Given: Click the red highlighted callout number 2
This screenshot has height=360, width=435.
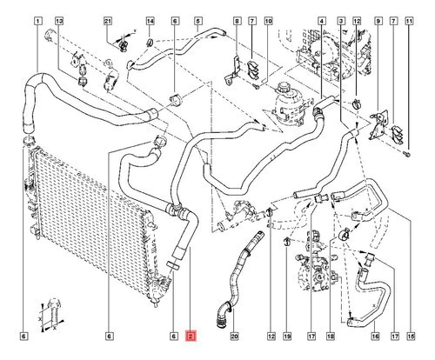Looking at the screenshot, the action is point(191,337).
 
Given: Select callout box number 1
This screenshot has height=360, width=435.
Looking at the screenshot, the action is point(38,21).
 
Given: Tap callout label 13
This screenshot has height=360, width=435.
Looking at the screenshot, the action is point(59,21).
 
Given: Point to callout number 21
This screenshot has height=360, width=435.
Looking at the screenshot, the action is point(108,21).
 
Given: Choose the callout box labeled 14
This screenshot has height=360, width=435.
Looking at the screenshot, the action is point(150,21).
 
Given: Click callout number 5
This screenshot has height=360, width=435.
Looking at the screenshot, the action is point(197,21).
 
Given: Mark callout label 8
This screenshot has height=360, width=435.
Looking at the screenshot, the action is point(237,21).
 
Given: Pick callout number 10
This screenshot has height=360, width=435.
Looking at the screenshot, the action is point(268,21).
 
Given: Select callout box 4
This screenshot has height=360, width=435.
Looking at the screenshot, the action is point(321,21).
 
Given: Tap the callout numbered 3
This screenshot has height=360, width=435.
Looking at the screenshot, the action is point(341,21).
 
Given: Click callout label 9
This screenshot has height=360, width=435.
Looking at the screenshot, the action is point(378,21).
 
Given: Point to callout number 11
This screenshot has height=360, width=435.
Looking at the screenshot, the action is point(409,21).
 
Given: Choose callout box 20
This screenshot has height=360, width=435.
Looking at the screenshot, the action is point(234,337).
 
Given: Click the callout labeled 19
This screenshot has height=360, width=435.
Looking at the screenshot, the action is point(287,337).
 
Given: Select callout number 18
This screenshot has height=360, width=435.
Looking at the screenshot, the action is point(331,337).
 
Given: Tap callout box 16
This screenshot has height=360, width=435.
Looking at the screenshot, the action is point(375,337).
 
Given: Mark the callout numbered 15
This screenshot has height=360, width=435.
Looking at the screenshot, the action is point(411,337).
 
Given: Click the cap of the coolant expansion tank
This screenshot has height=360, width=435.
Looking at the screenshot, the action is point(282,87).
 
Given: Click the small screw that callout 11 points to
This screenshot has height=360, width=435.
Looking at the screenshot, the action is point(407,154).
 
